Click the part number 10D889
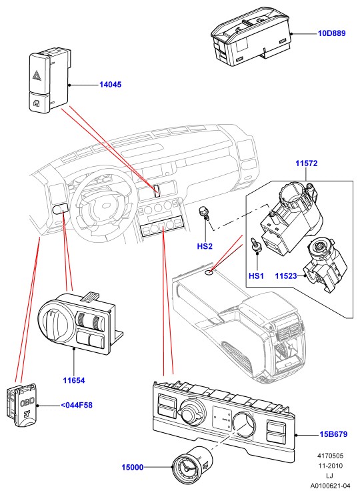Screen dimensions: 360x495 pyautogui.click(x=331, y=33)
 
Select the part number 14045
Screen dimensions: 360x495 pyautogui.click(x=111, y=85)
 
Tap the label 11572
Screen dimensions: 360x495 pyautogui.click(x=307, y=163)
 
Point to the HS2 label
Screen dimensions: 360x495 pyautogui.click(x=205, y=246)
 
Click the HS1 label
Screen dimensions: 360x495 pyautogui.click(x=256, y=276)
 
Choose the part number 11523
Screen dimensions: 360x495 pyautogui.click(x=286, y=276)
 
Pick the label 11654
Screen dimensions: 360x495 pyautogui.click(x=74, y=380)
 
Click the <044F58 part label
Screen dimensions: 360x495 pyautogui.click(x=77, y=405)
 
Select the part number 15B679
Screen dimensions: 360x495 pyautogui.click(x=333, y=434)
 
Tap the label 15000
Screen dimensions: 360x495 pyautogui.click(x=133, y=467)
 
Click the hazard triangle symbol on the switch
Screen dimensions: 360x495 pyautogui.click(x=35, y=75)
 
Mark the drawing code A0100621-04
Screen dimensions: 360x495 pyautogui.click(x=330, y=485)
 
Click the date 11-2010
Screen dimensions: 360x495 pyautogui.click(x=330, y=466)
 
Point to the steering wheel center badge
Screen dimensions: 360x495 pyautogui.click(x=103, y=205)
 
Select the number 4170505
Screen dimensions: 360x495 pyautogui.click(x=330, y=456)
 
